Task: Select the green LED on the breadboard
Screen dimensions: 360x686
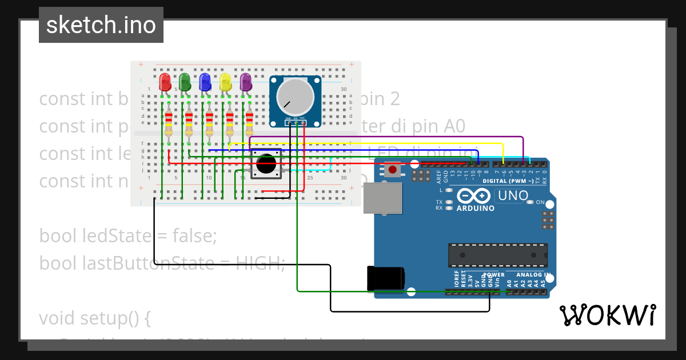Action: click(185, 82)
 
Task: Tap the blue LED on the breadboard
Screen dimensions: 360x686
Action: click(205, 82)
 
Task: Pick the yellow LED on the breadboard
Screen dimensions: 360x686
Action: click(225, 82)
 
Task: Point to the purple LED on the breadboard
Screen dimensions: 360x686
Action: click(246, 82)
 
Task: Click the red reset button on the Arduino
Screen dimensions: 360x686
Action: click(393, 169)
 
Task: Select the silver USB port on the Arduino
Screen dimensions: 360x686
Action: click(382, 198)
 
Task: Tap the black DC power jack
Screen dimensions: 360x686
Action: click(386, 278)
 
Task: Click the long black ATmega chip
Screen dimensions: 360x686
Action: click(497, 255)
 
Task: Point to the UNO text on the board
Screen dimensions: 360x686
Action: click(512, 195)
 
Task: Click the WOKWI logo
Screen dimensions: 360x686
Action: click(607, 315)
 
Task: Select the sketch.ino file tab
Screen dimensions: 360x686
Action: click(101, 25)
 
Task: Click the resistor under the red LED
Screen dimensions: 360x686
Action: click(169, 123)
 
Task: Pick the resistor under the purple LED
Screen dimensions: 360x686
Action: click(249, 123)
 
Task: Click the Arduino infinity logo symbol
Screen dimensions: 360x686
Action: click(473, 196)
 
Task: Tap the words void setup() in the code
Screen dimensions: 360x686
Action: click(94, 317)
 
